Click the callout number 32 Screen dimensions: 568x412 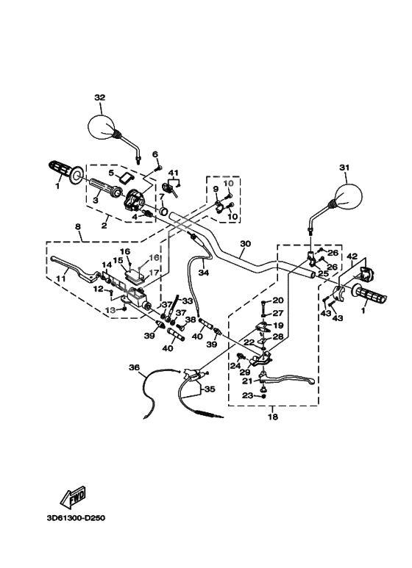100,97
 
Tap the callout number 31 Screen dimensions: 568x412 342,168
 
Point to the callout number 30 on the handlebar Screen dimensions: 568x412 246,243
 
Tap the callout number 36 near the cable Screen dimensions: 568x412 133,367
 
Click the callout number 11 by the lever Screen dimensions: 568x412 60,278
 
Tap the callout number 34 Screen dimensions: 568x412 204,273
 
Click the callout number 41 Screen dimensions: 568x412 174,172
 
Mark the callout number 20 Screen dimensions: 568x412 277,300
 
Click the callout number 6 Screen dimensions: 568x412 155,154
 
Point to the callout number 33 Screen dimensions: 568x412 188,301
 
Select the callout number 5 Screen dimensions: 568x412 113,173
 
